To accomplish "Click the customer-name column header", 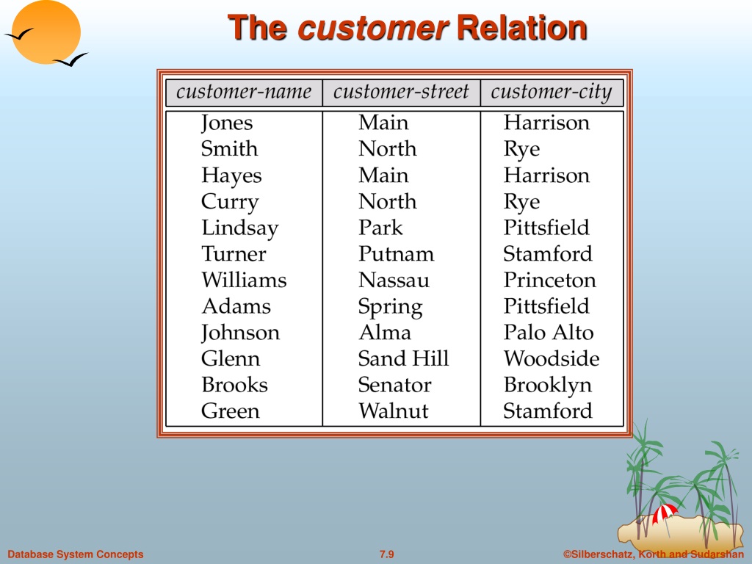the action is tap(244, 92).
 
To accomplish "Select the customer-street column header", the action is tap(401, 92).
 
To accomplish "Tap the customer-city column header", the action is tap(552, 92).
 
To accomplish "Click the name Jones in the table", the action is tap(227, 123).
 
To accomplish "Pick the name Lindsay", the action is tap(240, 228).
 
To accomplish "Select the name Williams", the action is tap(244, 280).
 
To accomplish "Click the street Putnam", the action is tap(396, 253).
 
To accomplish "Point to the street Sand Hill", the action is tap(403, 358).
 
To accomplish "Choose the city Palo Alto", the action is tap(549, 333).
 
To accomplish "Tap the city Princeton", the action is tap(549, 280).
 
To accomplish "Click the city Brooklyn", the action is tap(548, 386).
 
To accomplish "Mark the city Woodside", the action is tap(552, 358).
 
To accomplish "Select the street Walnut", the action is tap(394, 411).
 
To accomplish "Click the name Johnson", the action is tap(240, 333).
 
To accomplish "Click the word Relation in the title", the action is tap(522, 27).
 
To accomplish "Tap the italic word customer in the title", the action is tap(373, 29).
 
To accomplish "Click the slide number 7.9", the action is tap(386, 554).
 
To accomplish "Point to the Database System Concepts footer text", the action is tap(76, 554).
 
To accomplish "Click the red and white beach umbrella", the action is tap(665, 513).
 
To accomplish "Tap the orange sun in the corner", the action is tap(46, 32).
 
